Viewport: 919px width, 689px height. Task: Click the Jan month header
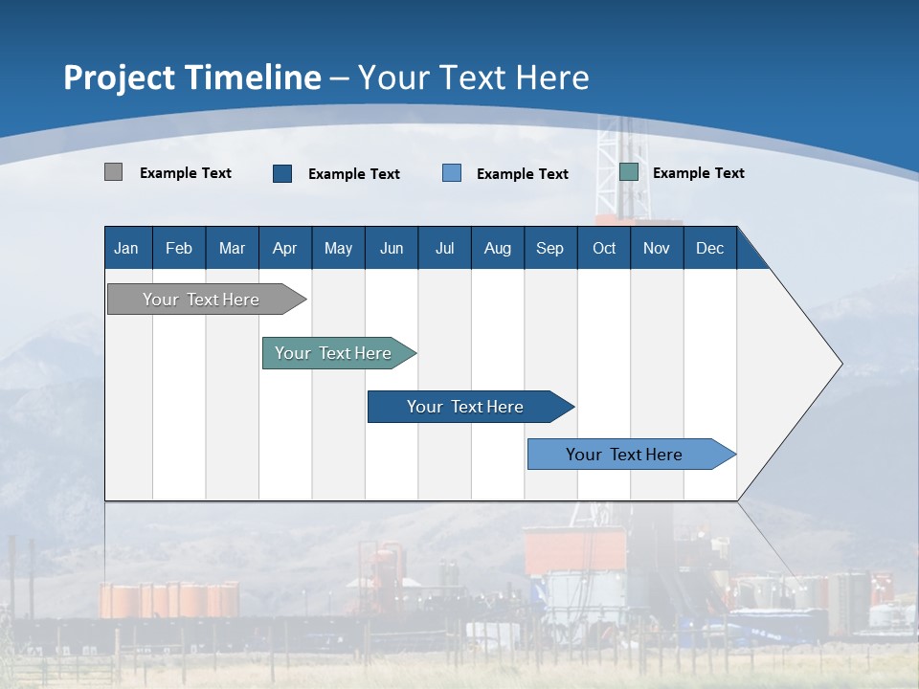click(126, 248)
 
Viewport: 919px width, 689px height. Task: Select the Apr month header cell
click(285, 248)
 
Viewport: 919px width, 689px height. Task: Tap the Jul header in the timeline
click(444, 248)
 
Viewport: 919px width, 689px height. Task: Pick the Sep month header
click(549, 248)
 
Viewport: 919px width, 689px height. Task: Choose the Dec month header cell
click(709, 248)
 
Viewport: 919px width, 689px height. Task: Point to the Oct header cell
click(604, 248)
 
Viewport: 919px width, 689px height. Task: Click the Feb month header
click(179, 248)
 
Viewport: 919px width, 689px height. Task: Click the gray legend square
click(113, 172)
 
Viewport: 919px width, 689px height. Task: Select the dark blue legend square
click(282, 173)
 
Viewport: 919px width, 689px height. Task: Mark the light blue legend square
click(452, 173)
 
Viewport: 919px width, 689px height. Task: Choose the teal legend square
click(629, 172)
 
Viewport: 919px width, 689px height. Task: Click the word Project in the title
click(120, 78)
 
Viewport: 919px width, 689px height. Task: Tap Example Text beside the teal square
click(699, 173)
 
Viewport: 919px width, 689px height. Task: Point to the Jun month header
click(392, 248)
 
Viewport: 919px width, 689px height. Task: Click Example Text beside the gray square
click(186, 173)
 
